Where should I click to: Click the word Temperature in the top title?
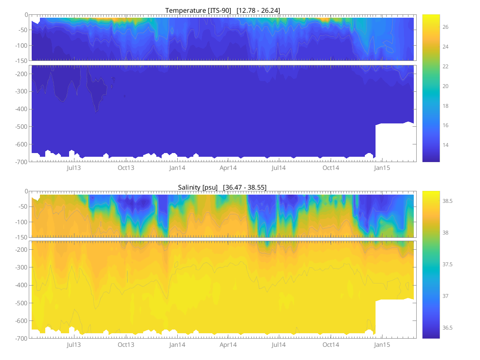point(184,10)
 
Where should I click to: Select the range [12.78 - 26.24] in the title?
point(258,10)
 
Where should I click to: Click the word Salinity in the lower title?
point(189,187)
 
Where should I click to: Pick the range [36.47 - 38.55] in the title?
point(245,187)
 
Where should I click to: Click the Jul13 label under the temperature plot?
point(74,168)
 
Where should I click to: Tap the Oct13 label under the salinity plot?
point(126,344)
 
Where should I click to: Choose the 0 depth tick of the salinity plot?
point(26,191)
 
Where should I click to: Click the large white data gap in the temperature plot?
point(394,142)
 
